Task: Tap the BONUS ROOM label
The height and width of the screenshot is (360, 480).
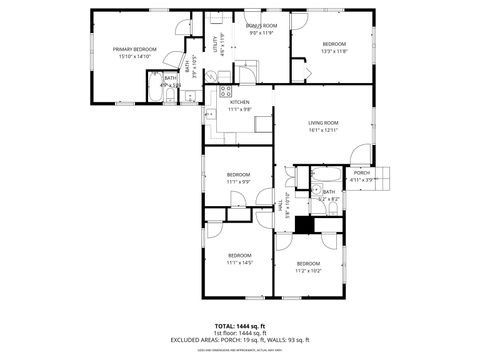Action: (261, 25)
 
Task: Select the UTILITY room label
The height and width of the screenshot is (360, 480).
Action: (215, 44)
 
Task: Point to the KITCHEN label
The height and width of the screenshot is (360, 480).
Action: (240, 102)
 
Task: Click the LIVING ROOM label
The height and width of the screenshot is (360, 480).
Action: (323, 122)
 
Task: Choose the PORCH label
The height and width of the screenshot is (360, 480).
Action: (361, 172)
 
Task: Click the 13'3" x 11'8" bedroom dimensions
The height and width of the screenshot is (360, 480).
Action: (334, 50)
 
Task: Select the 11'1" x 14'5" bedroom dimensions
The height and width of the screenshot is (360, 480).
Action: (240, 262)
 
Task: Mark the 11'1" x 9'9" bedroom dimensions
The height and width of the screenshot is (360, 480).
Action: (238, 181)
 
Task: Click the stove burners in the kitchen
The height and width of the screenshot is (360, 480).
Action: (226, 92)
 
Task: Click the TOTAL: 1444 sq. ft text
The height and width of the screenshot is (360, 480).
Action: (240, 326)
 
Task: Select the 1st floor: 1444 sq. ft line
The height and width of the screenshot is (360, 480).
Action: (240, 334)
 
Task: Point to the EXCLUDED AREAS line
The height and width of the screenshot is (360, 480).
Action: (240, 342)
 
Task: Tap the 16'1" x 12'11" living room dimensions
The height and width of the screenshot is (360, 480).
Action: (323, 130)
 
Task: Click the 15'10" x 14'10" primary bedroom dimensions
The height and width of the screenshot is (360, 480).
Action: (133, 56)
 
